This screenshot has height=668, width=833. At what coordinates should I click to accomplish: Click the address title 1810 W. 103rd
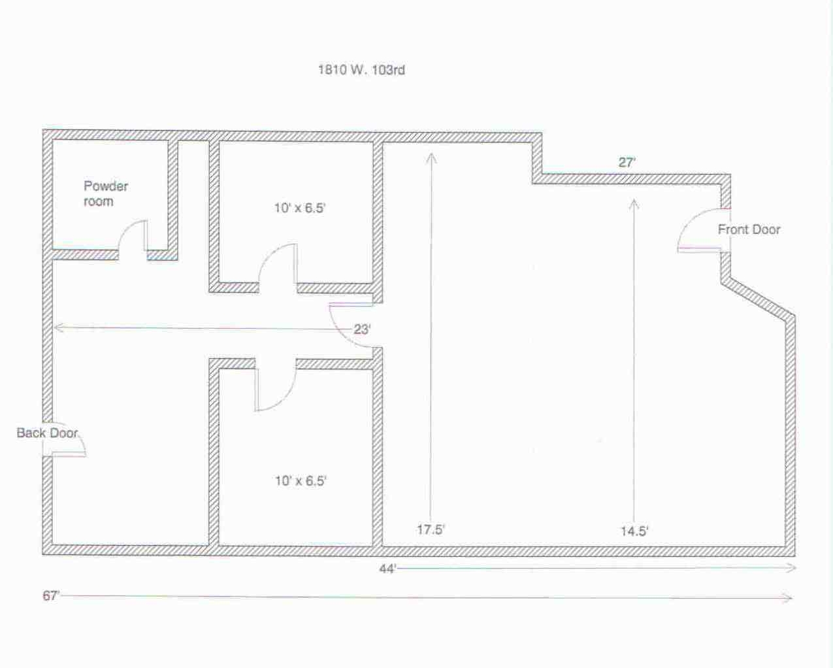361,70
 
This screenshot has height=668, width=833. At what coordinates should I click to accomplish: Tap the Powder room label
105,193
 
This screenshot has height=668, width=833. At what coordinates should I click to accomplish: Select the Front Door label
749,229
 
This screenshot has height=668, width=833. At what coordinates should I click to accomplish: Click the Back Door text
47,433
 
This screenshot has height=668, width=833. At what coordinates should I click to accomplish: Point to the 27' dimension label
627,162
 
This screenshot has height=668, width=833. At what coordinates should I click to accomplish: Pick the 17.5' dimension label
431,529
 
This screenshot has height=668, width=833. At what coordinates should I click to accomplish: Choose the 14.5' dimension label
634,531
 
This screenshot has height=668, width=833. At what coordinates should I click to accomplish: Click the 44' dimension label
387,569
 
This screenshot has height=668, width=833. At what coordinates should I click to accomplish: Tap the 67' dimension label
51,595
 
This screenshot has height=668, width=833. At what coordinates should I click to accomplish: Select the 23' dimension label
362,329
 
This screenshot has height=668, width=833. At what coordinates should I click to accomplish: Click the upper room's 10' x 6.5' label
300,208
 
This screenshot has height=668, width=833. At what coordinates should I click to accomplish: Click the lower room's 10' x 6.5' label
301,481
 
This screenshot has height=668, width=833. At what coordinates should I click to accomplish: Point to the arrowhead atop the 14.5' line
634,204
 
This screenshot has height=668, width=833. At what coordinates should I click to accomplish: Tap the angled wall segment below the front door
759,300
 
